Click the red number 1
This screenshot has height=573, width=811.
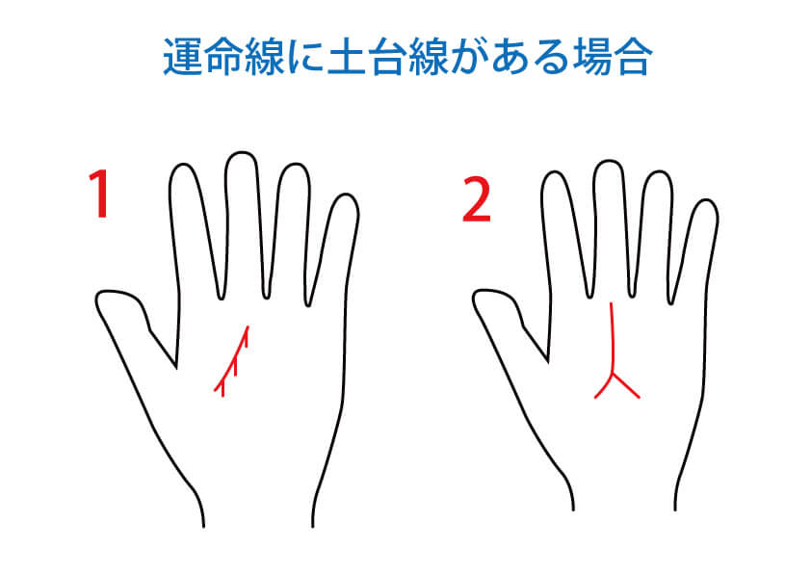click(x=99, y=195)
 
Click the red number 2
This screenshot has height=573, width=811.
click(x=476, y=199)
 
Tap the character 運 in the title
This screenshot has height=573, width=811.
click(x=183, y=57)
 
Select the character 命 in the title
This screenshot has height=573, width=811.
click(x=224, y=57)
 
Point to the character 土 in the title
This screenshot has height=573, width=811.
click(x=347, y=57)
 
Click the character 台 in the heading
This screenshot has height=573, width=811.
click(x=387, y=57)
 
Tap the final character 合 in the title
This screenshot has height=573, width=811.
click(x=633, y=57)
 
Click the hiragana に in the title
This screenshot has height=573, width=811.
click(x=305, y=57)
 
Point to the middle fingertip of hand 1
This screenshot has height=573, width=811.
click(x=241, y=155)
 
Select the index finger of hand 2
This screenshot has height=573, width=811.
click(x=564, y=233)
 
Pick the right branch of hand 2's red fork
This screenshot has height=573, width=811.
click(x=627, y=386)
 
